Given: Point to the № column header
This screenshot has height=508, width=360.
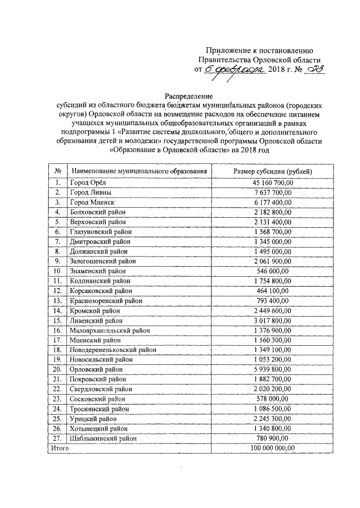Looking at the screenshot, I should (57, 171).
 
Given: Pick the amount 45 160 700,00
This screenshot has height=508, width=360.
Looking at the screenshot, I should (273, 182).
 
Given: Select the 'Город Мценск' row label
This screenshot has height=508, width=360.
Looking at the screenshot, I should (92, 202).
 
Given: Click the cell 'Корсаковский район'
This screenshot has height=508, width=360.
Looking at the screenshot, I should (101, 290).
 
